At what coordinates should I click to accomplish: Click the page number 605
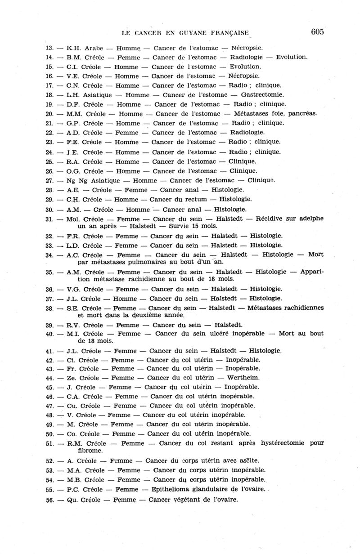pyautogui.click(x=317, y=31)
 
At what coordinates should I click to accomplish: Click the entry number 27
pyautogui.click(x=49, y=180)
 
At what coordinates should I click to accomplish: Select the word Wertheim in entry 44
pyautogui.click(x=243, y=377)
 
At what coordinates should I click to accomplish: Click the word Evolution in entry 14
pyautogui.click(x=291, y=57)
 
